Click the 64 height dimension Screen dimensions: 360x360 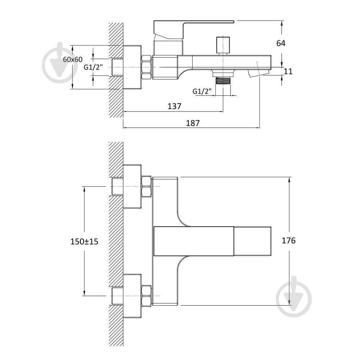coord(281,43)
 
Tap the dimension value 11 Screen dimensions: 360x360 coord(288,71)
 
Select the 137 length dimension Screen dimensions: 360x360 coord(174,106)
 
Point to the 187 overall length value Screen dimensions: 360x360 coord(193,123)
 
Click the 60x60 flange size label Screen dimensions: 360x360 coord(73,59)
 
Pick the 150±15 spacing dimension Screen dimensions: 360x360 coord(84,242)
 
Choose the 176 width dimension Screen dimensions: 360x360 coord(289,240)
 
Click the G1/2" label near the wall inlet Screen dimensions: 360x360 coord(93,67)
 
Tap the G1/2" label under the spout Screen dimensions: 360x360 coord(202,91)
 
